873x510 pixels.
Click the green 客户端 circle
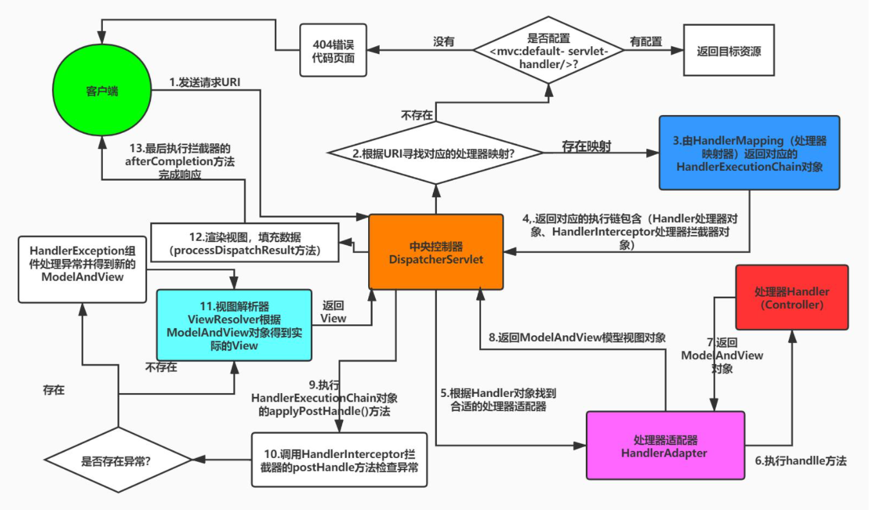coord(101,91)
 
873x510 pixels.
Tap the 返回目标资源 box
coord(728,51)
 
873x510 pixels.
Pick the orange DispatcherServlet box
coord(436,252)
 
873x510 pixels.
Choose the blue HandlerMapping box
coord(749,153)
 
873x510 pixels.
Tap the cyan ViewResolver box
coord(234,325)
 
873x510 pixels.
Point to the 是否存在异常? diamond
coord(118,460)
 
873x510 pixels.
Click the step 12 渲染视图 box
coord(244,242)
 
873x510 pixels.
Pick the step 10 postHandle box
coord(339,460)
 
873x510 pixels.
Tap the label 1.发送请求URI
coord(205,82)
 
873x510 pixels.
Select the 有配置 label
coord(646,41)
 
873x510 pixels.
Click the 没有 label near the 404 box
coord(444,41)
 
